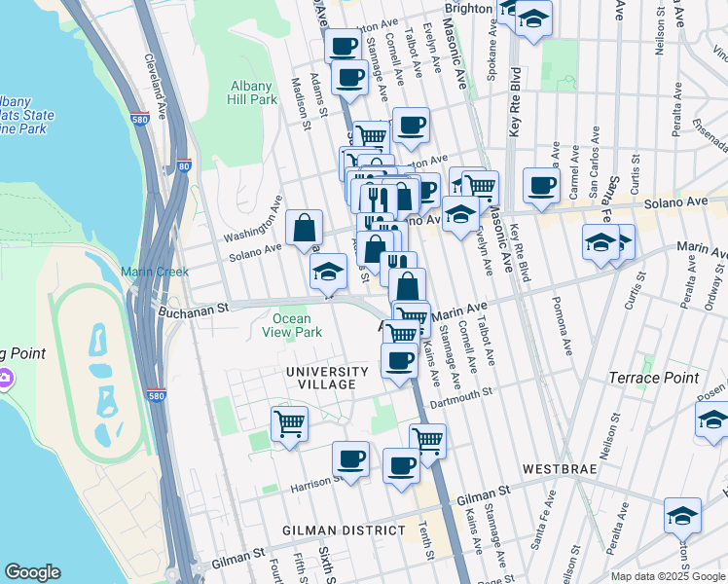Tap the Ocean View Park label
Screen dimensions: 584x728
click(291, 325)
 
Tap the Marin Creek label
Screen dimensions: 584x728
click(155, 272)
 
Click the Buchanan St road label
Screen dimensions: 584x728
click(193, 309)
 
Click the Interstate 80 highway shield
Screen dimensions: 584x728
click(184, 166)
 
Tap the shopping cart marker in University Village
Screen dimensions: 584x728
click(289, 423)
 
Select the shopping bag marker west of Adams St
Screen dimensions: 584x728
click(305, 229)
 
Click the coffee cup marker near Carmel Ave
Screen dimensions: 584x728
click(541, 185)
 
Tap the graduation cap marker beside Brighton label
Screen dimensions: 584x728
click(532, 19)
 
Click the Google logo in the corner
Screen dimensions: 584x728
click(32, 572)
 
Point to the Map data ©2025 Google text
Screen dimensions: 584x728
click(667, 576)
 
